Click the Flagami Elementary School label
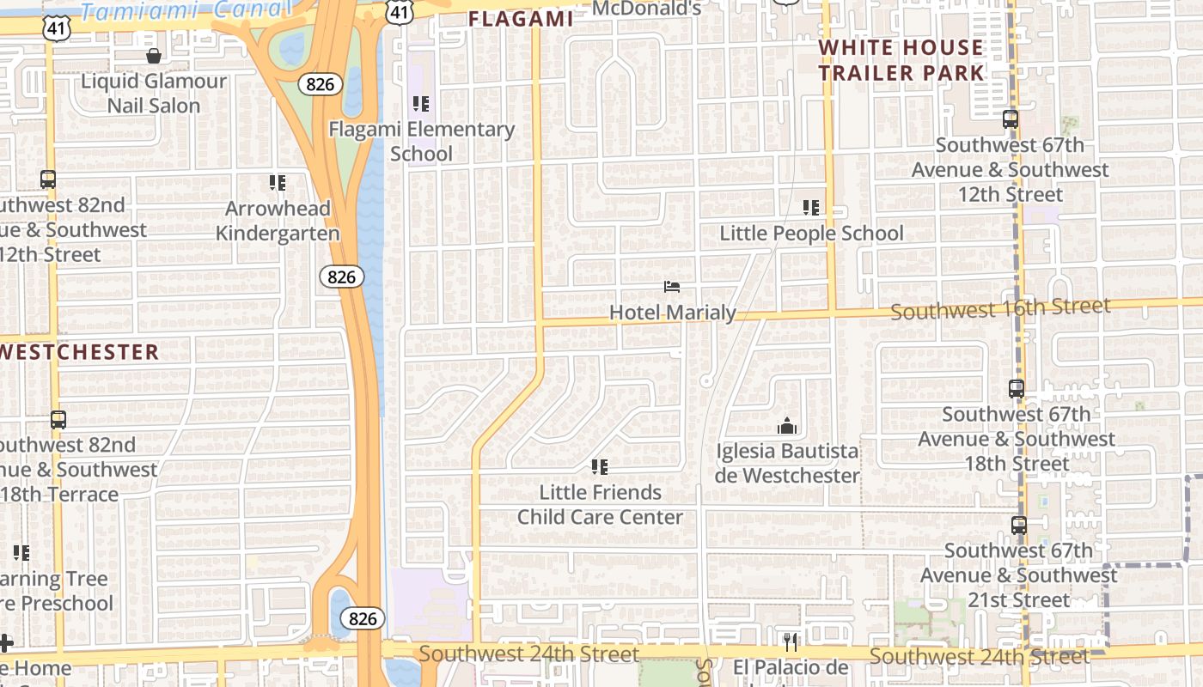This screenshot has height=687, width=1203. point(421,142)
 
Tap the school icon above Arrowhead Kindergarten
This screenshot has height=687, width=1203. point(277,183)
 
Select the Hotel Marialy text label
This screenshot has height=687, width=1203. point(672,313)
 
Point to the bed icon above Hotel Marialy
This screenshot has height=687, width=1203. point(672,287)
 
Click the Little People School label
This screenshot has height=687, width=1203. point(811,234)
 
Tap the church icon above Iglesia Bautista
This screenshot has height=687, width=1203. point(786,426)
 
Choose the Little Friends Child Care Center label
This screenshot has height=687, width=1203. point(600,505)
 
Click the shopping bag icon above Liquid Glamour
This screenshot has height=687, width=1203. point(154,57)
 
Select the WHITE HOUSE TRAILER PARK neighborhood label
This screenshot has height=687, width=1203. point(901,60)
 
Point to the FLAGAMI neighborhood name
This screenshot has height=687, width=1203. point(521,19)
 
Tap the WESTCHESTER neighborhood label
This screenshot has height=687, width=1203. point(79,352)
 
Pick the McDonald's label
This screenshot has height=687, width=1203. point(647,9)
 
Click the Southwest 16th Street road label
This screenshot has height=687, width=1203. point(1000,308)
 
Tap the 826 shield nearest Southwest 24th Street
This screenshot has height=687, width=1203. point(363,618)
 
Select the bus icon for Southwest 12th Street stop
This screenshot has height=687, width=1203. point(1011,119)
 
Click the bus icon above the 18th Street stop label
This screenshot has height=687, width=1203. point(1017,389)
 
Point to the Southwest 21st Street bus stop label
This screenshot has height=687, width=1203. point(1018,575)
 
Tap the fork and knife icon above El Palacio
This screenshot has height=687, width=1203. point(791,641)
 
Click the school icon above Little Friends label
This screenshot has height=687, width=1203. point(599,467)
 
